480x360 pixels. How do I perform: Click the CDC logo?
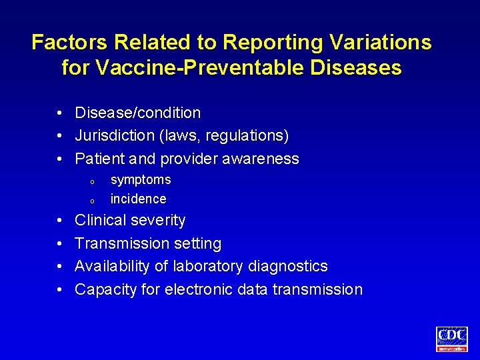452,338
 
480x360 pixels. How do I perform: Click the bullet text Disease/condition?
137,113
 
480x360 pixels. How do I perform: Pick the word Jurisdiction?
114,136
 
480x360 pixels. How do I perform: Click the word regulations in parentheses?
251,136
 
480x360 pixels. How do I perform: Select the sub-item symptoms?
141,179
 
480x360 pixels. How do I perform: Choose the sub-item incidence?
138,199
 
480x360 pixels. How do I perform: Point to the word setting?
197,243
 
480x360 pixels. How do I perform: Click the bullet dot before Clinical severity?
60,220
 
